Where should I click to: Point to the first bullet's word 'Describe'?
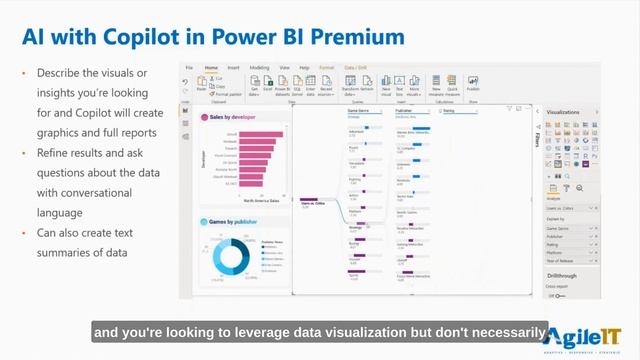[58, 73]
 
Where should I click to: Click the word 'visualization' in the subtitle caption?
[375, 331]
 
